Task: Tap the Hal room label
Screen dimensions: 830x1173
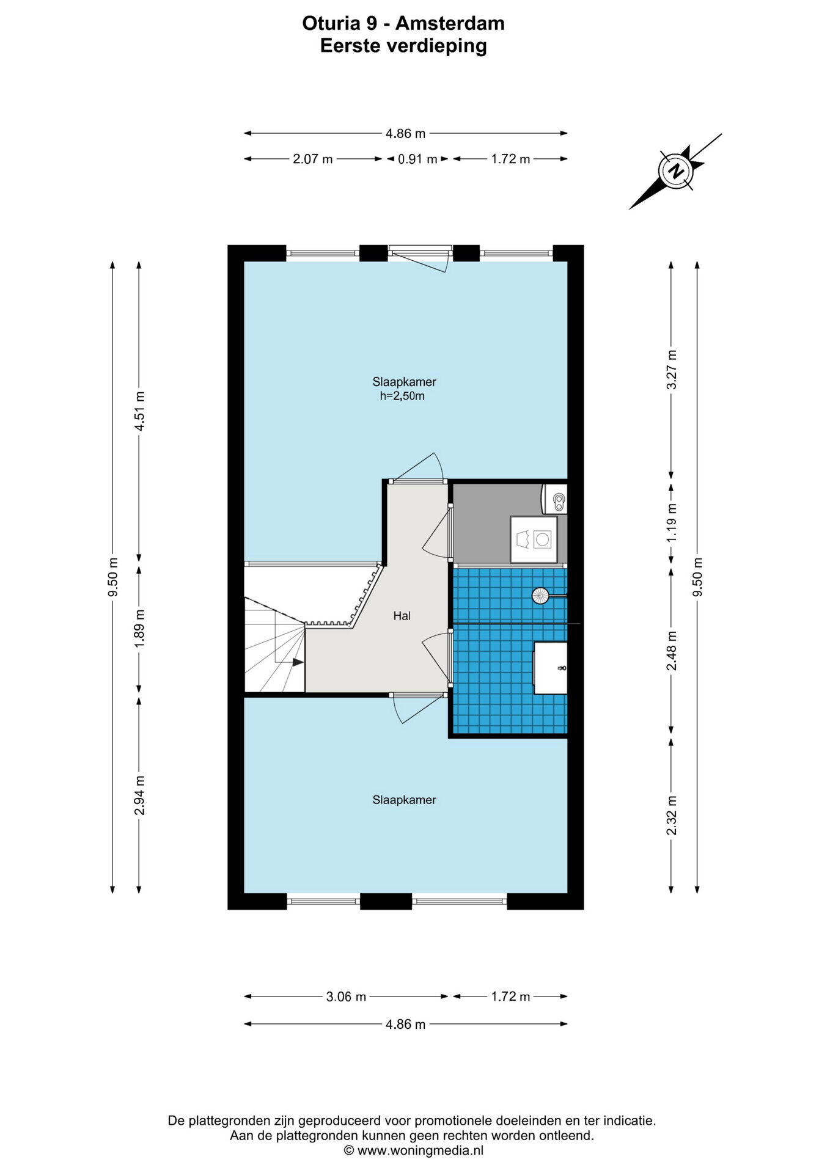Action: [x=402, y=616]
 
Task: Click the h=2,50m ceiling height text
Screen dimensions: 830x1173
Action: [x=402, y=396]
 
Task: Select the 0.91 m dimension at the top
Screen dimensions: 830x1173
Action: [x=417, y=159]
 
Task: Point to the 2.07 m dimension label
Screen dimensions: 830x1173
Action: [x=312, y=159]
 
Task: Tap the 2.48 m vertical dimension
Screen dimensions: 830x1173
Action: [x=672, y=651]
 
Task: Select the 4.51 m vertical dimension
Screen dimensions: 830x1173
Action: [x=139, y=411]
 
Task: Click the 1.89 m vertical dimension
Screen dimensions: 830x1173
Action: [x=139, y=629]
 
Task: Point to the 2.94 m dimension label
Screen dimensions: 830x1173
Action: [x=139, y=795]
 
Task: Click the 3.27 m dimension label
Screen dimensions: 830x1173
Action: [x=672, y=370]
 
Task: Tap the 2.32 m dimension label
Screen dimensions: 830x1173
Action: [x=672, y=816]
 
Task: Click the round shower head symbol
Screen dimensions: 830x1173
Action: [x=541, y=595]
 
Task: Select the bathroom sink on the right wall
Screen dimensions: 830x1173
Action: [x=551, y=668]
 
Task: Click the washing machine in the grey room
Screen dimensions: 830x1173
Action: [x=534, y=539]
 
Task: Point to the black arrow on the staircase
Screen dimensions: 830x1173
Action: [x=298, y=662]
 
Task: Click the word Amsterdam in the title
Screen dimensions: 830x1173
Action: [x=450, y=23]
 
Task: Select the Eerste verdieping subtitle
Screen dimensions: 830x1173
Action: [x=403, y=46]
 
